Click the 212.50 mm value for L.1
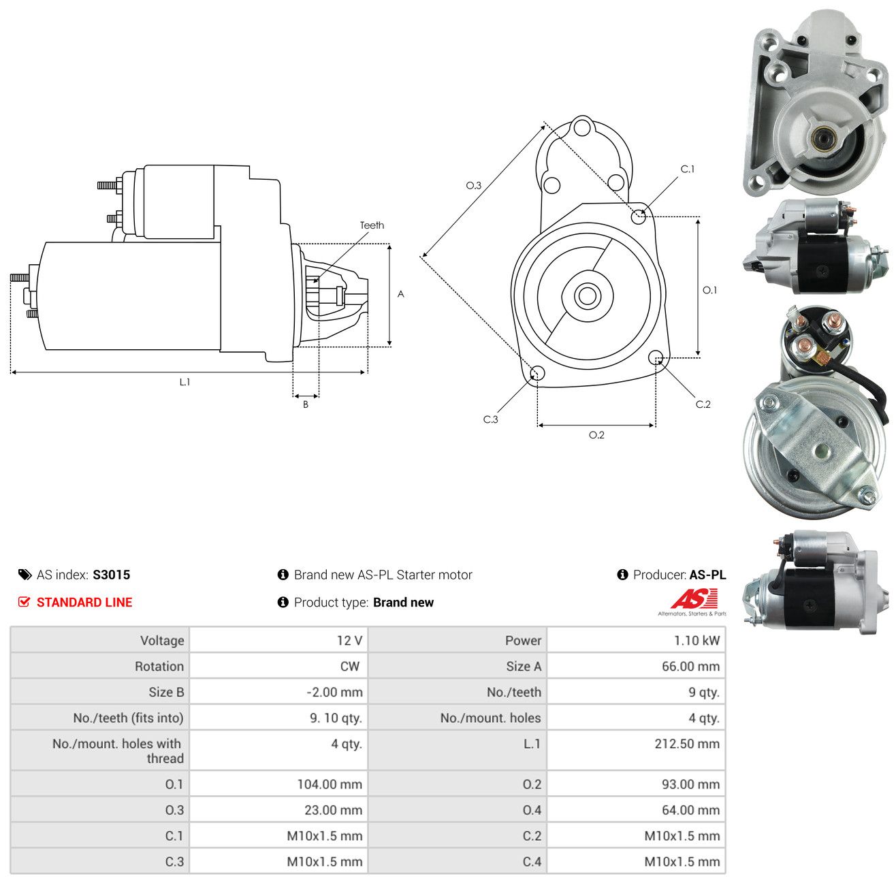(686, 743)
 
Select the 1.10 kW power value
(696, 640)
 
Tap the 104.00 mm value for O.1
(330, 784)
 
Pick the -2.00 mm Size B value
(334, 692)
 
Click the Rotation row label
(159, 667)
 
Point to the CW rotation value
(350, 667)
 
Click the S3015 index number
(112, 575)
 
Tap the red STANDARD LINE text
(84, 602)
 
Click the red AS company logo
(694, 598)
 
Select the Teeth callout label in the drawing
(372, 225)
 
